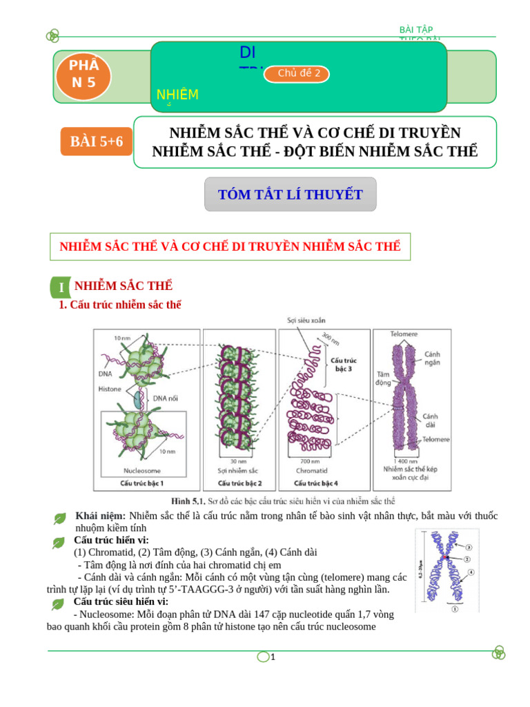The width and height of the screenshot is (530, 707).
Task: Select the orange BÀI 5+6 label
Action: click(96, 142)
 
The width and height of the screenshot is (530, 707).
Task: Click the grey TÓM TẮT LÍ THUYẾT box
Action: click(291, 195)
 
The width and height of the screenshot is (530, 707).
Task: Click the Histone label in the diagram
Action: click(109, 389)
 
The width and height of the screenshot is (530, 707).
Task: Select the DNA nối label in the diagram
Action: click(166, 398)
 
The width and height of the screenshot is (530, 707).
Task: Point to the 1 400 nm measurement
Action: click(404, 461)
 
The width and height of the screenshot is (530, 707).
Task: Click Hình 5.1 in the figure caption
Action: click(187, 501)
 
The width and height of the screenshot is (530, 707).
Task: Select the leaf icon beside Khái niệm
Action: click(60, 519)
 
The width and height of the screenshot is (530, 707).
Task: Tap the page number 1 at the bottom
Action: click(273, 657)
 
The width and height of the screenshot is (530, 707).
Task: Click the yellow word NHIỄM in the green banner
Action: click(177, 95)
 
